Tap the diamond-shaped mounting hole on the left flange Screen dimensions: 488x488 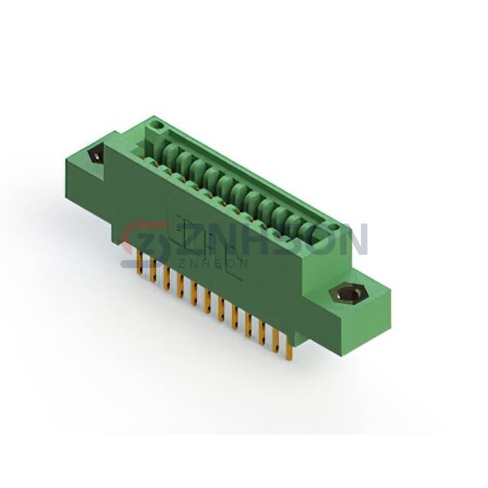(96, 155)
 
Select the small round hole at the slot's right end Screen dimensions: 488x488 (333, 227)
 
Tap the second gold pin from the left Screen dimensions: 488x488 (153, 271)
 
